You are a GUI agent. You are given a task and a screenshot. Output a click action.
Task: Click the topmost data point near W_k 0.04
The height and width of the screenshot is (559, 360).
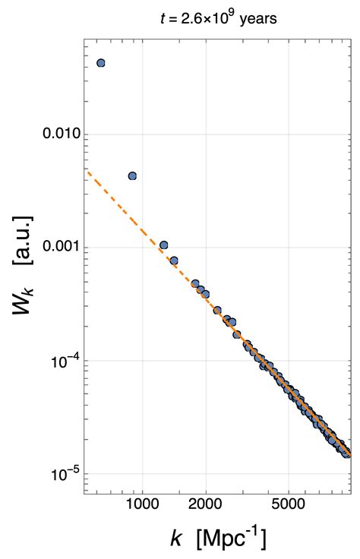pos(101,63)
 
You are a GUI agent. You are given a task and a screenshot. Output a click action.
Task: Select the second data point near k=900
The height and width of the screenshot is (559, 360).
pos(132,176)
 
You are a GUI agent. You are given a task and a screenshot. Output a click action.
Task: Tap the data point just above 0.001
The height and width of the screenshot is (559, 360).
pos(163,245)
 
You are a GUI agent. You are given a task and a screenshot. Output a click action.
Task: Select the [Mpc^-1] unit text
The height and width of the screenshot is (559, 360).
pos(231,540)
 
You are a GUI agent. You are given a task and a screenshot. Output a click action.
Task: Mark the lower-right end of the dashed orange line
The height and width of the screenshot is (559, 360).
pos(350,456)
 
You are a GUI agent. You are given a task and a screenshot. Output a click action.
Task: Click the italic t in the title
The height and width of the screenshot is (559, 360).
pos(163,20)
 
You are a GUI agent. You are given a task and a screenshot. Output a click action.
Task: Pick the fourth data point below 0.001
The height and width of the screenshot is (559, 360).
pos(206,293)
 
